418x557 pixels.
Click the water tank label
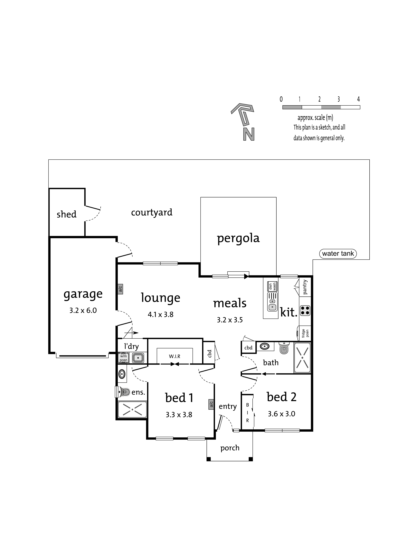pos(338,253)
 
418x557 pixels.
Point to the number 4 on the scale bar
pos(358,99)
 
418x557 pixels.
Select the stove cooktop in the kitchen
pos(305,311)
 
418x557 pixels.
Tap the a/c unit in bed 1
pos(211,404)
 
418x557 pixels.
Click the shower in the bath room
pos(302,358)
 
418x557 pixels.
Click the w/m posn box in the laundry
pos(124,358)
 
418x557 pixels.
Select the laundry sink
pos(138,358)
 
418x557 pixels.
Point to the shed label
pos(66,214)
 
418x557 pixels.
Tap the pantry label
pos(305,287)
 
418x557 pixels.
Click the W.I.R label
pos(175,356)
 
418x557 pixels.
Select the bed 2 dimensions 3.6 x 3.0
pos(282,414)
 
